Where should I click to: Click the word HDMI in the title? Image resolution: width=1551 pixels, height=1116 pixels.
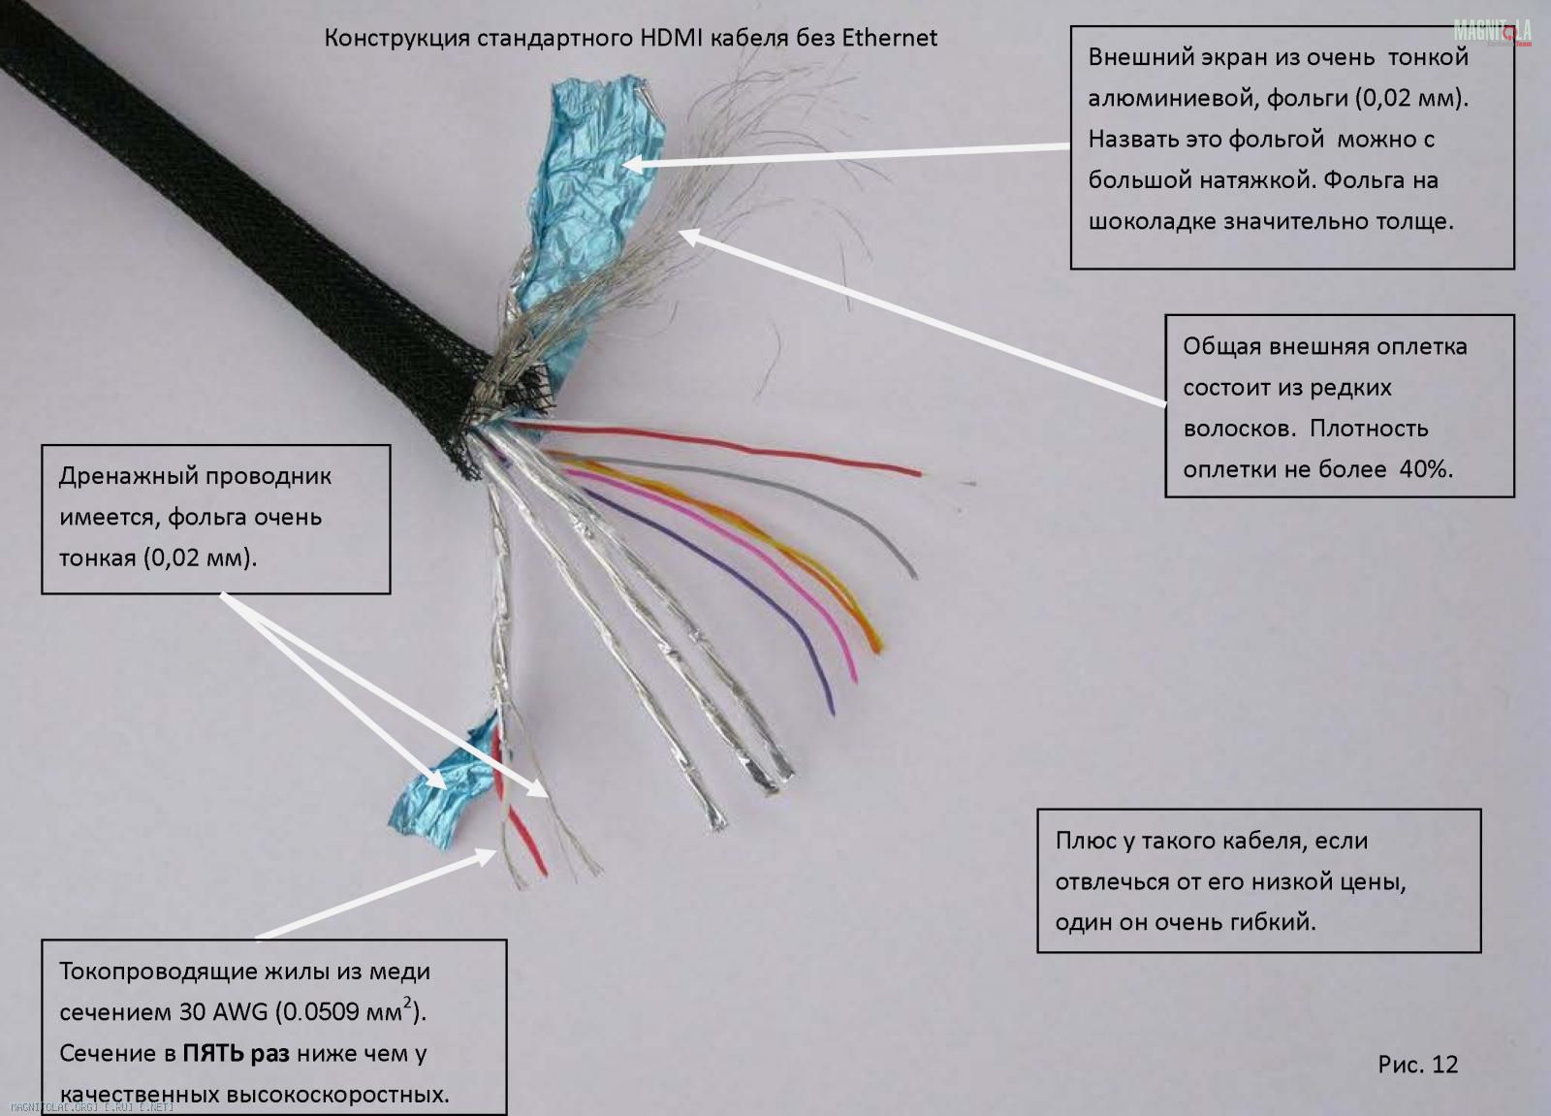click(672, 38)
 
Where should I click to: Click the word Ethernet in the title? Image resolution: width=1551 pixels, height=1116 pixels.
click(889, 38)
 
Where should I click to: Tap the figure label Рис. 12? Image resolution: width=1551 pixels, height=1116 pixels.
click(1417, 1064)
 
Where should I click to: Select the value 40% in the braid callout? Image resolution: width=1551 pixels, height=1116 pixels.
click(1426, 469)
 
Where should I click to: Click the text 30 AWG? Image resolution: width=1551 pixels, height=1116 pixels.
click(223, 1012)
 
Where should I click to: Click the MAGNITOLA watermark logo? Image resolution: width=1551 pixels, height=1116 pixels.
click(1492, 32)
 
